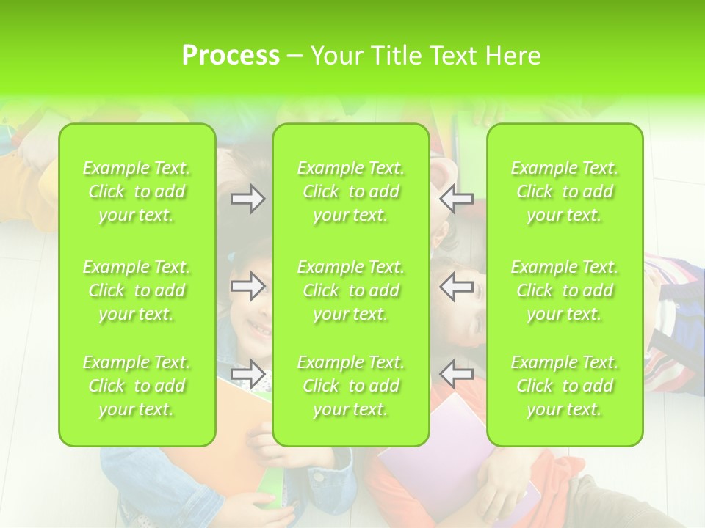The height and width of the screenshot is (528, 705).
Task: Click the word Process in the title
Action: [231, 56]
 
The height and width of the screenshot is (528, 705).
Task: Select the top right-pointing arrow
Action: [247, 199]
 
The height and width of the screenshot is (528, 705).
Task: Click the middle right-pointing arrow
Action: [247, 286]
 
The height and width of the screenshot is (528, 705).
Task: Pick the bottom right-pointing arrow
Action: [247, 374]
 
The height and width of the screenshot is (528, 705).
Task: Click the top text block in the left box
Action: [137, 191]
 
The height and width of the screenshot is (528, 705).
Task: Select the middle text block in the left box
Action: [137, 290]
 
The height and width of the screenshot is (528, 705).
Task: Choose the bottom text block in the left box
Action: [137, 386]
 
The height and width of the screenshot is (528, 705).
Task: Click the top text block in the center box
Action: [351, 191]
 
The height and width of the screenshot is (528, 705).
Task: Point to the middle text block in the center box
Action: [351, 290]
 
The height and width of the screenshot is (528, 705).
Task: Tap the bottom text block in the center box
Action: [351, 386]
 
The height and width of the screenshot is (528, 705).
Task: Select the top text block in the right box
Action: [565, 191]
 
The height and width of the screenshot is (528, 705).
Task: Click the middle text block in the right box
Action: [565, 290]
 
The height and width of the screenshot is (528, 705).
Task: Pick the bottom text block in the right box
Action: [565, 386]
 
